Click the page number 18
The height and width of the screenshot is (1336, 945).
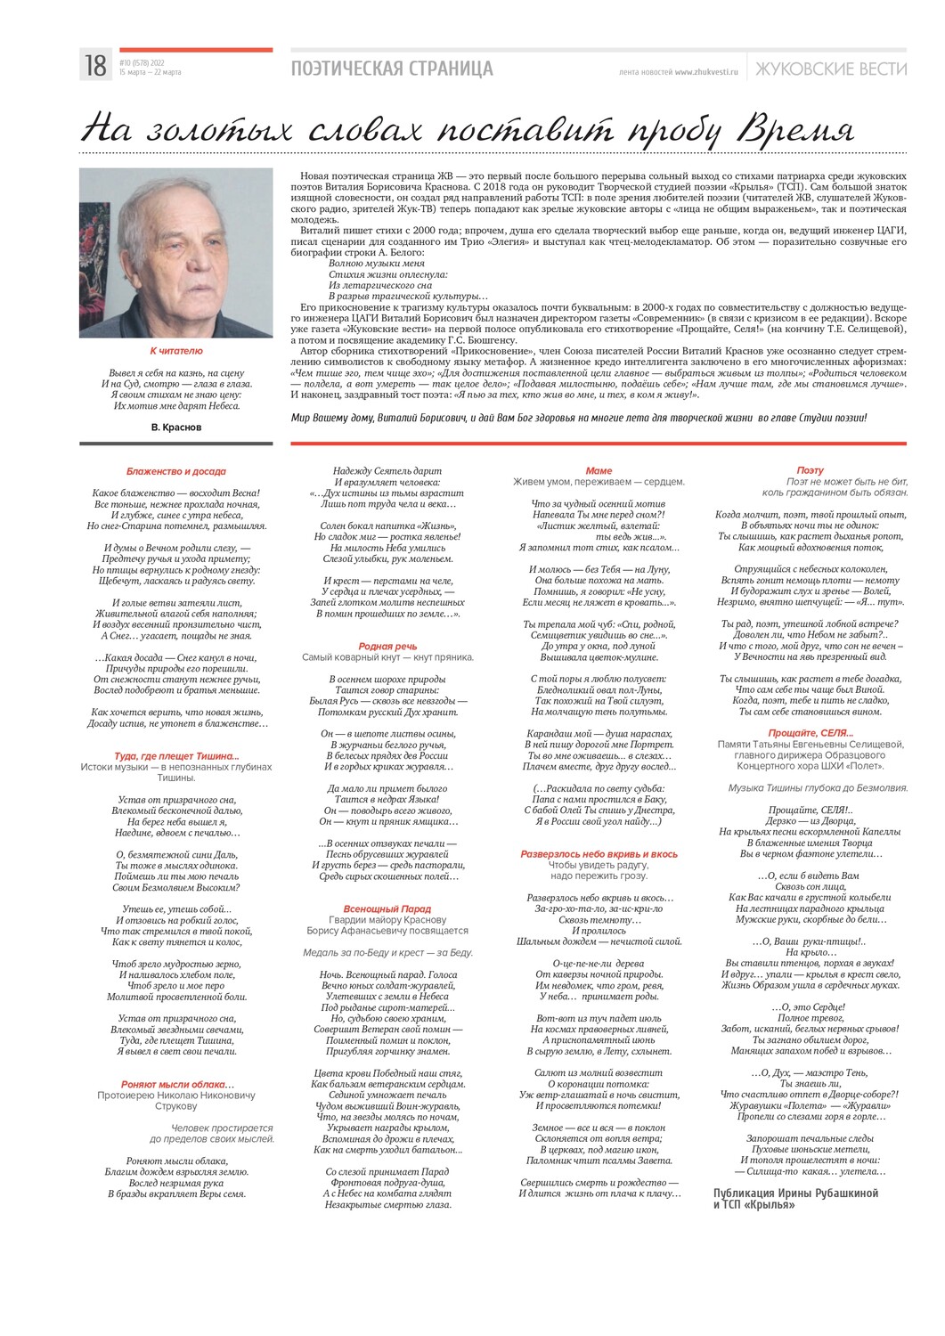(x=95, y=66)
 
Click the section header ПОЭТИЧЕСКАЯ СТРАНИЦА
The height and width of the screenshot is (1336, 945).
(x=391, y=69)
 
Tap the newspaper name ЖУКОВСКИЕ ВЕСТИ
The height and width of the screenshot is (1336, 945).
(x=830, y=69)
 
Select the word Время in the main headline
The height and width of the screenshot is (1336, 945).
(x=795, y=129)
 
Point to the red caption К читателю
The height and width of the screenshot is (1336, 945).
(x=176, y=351)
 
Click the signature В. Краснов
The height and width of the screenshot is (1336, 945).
(x=176, y=428)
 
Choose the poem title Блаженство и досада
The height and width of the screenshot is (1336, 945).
(x=176, y=471)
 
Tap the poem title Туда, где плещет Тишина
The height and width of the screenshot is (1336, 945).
(x=176, y=756)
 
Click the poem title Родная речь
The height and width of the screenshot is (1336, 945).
(x=387, y=647)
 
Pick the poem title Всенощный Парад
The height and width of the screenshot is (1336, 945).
(x=387, y=909)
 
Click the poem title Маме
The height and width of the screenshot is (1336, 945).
(x=599, y=470)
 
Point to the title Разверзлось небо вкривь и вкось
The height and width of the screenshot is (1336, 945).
(x=599, y=854)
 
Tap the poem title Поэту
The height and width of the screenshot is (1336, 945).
(x=810, y=470)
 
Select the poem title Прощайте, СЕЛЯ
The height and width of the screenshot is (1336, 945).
(x=810, y=733)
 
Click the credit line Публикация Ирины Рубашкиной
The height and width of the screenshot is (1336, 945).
(x=795, y=1193)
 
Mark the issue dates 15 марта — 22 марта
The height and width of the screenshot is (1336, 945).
(x=150, y=73)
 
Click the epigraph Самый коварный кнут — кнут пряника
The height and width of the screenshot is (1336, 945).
(x=387, y=657)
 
